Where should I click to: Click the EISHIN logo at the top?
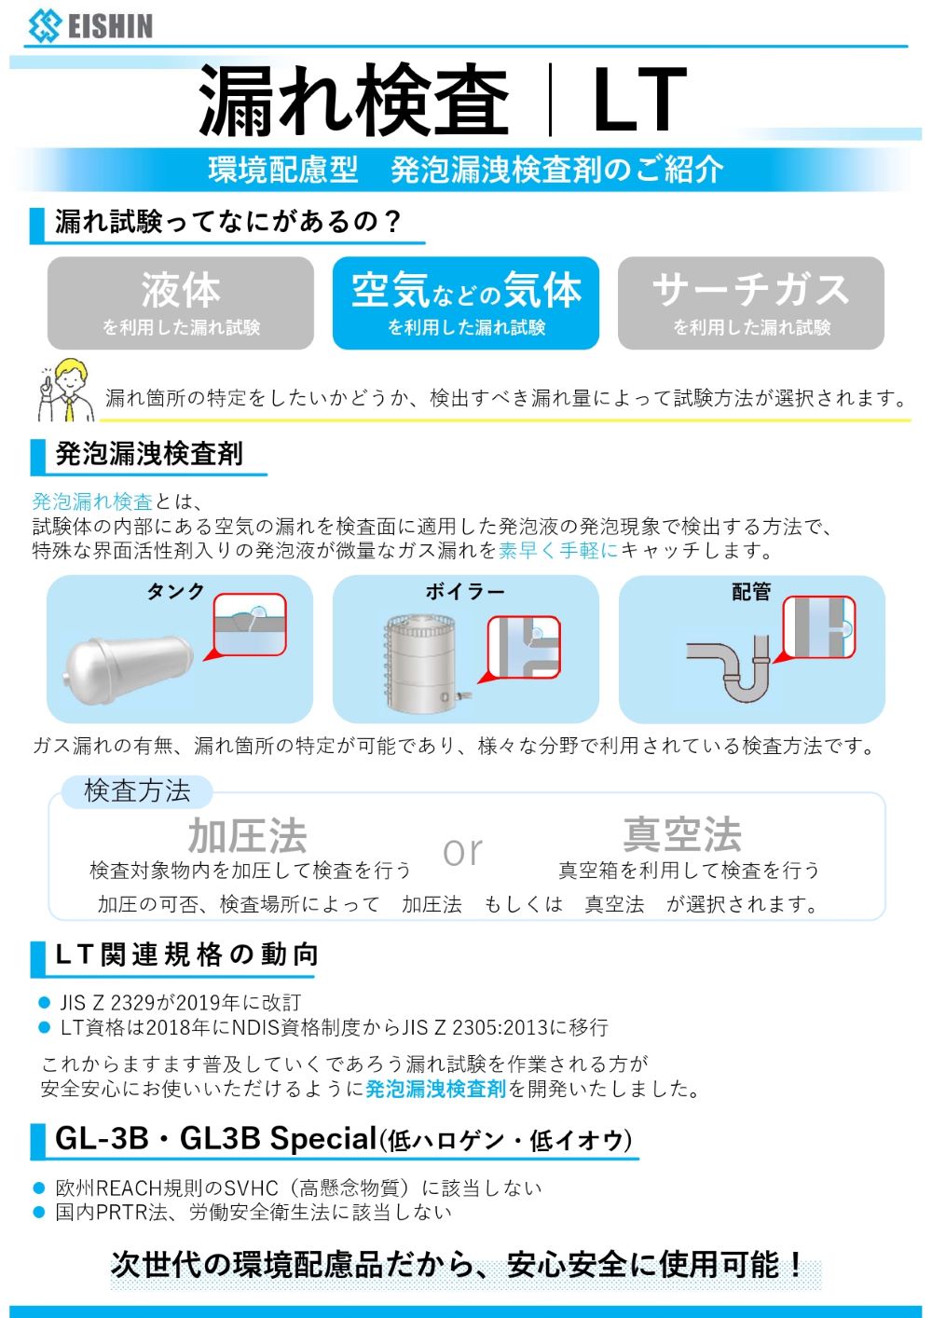coord(90,25)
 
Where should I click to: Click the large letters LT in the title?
coord(639,101)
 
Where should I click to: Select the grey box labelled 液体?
coord(181,303)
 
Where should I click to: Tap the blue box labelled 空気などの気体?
coord(466,303)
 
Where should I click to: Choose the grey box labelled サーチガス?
coord(751,303)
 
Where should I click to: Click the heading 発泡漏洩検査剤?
coord(149,454)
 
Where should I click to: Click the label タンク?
coord(175,592)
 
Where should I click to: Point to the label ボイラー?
coord(465,592)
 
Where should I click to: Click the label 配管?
coord(751,592)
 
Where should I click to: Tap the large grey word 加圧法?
coord(247,835)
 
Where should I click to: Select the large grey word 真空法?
coord(682,834)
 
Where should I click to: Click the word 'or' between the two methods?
coord(463,851)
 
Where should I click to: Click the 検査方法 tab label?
coord(137,791)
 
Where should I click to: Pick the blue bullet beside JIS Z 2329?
coord(44,1003)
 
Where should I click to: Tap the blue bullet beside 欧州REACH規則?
coord(39,1188)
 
